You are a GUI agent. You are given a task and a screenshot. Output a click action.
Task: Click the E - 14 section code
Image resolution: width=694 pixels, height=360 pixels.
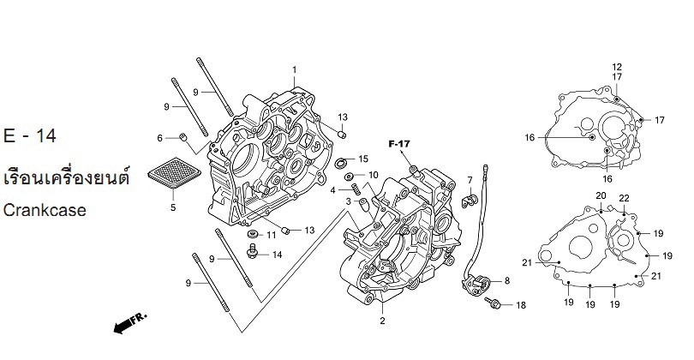(27, 137)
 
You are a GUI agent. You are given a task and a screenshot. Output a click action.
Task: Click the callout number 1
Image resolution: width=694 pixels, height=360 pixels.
(294, 69)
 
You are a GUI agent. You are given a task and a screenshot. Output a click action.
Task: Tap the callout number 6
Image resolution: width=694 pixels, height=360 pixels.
(159, 138)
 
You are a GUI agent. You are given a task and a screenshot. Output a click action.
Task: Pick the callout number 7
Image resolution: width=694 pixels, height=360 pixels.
(470, 180)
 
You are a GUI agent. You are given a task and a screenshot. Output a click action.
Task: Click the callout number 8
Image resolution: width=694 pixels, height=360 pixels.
(506, 281)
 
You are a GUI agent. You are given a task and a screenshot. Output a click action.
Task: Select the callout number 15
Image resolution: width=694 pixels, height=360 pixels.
(363, 159)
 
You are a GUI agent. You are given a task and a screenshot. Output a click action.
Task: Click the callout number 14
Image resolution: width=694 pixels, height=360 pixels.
(277, 255)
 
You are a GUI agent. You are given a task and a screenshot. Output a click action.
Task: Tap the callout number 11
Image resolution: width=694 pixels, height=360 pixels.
(272, 234)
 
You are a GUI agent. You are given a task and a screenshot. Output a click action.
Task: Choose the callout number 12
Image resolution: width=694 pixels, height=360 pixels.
(616, 67)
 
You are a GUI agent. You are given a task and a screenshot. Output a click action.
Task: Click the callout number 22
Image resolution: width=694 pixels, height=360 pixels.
(625, 198)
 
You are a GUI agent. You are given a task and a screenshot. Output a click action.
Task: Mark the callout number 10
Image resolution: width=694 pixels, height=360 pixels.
(374, 175)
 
